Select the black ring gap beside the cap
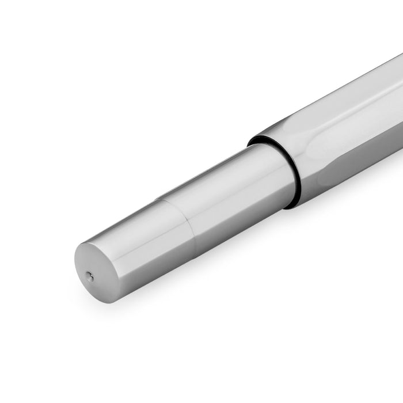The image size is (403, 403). [292, 173]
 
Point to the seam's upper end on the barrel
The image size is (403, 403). [158, 201]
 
